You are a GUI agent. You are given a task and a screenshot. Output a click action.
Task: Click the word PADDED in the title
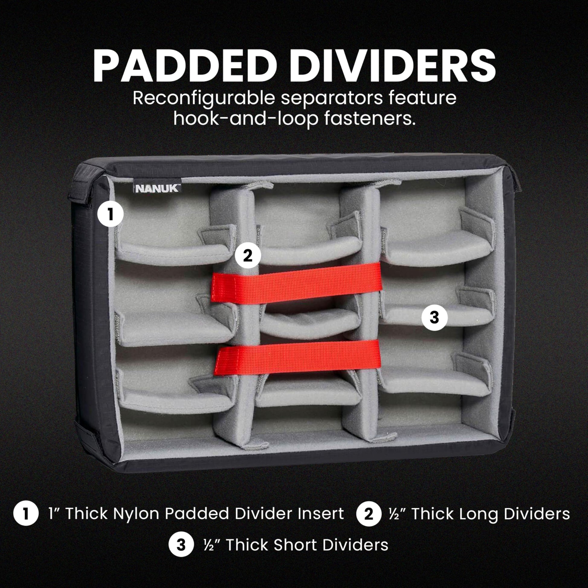(181, 67)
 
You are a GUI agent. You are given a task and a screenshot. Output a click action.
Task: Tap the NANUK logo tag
(157, 188)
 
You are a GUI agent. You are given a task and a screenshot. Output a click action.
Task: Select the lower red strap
(298, 357)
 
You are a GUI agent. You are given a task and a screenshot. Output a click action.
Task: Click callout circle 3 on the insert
(434, 318)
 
